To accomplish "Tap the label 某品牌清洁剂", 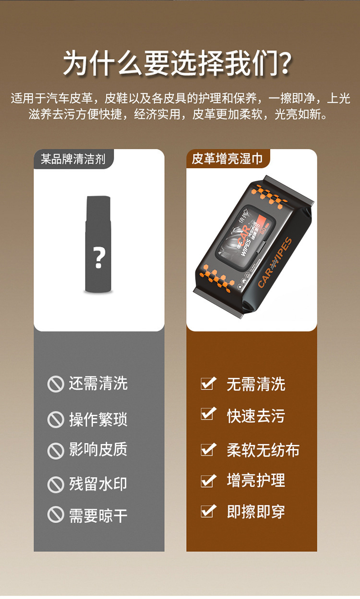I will tap(73, 159).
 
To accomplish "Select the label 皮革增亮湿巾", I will tap(227, 159).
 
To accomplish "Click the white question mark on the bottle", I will tap(99, 258).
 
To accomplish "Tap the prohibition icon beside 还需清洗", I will tap(56, 384).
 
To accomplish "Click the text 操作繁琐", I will tap(98, 419).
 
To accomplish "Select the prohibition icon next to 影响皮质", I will tap(56, 451).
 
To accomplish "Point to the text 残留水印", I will tap(98, 484).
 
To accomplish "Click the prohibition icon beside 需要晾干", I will tap(56, 515).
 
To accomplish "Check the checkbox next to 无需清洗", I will tap(207, 383).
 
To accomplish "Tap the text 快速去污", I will tap(256, 416).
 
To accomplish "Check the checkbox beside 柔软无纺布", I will tap(207, 450).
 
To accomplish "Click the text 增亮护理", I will tap(256, 480).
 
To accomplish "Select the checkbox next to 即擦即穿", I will tap(207, 512).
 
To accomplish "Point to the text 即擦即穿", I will tap(256, 512).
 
